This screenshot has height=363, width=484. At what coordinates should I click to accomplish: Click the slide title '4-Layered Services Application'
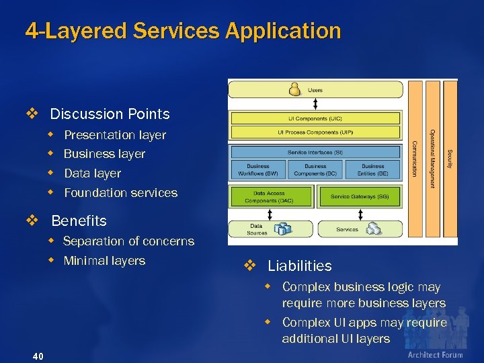click(x=183, y=31)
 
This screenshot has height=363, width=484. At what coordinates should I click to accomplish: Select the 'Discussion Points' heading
click(x=110, y=114)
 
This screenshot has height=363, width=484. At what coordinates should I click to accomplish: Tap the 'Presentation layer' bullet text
click(x=115, y=135)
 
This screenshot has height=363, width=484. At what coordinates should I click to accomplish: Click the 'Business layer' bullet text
click(x=104, y=154)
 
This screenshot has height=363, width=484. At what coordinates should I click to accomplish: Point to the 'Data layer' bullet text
click(x=92, y=173)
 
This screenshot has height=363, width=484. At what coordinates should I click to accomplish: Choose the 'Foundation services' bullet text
click(x=120, y=193)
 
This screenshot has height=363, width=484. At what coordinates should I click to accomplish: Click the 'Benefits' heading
click(x=79, y=221)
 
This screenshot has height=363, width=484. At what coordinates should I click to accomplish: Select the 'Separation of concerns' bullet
click(x=128, y=241)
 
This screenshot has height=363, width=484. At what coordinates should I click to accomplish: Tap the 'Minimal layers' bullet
click(x=104, y=261)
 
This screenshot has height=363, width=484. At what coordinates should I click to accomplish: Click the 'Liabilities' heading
click(x=299, y=266)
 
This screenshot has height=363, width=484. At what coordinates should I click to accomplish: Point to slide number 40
click(x=38, y=356)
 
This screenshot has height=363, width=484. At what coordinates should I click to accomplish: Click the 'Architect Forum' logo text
click(x=435, y=355)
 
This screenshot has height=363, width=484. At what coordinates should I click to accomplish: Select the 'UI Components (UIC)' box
click(x=315, y=118)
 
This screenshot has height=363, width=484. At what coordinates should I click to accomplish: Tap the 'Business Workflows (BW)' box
click(x=258, y=169)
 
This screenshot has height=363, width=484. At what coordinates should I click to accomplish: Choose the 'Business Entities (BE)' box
click(x=373, y=169)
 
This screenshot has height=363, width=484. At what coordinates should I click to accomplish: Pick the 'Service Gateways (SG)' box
click(x=359, y=196)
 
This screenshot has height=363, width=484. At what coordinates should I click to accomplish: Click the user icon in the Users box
click(x=294, y=89)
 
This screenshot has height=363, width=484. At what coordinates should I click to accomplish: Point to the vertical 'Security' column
click(x=450, y=158)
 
